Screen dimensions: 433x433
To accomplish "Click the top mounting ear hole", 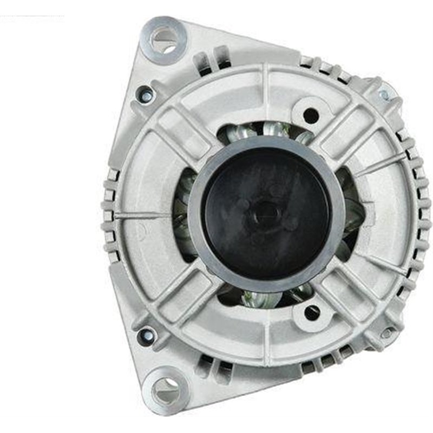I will pyautogui.click(x=164, y=38).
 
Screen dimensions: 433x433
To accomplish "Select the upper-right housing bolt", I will pyautogui.click(x=384, y=95).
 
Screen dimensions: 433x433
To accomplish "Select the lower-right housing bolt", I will pyautogui.click(x=386, y=333).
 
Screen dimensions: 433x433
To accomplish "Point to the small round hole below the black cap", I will pyautogui.click(x=312, y=312).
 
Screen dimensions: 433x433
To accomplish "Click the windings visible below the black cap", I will pyautogui.click(x=265, y=297).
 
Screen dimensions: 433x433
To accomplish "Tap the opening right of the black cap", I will pyautogui.click(x=349, y=211).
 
